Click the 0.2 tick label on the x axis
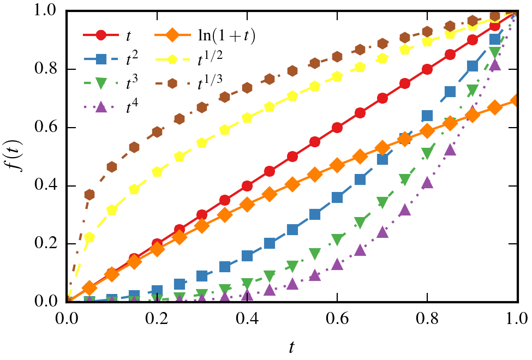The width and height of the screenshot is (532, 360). [157, 316]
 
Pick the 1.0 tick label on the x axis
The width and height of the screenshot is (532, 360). [516, 316]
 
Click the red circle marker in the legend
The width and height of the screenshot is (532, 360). [101, 36]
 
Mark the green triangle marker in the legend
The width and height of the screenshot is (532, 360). [101, 83]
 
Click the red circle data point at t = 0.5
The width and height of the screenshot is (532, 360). [292, 157]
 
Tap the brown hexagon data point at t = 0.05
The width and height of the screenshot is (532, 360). [89, 195]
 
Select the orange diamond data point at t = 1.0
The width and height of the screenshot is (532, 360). [517, 101]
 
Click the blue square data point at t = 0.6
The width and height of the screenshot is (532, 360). [337, 197]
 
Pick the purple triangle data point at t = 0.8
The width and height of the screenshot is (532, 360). [427, 183]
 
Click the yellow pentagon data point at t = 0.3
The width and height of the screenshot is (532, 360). [202, 143]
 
